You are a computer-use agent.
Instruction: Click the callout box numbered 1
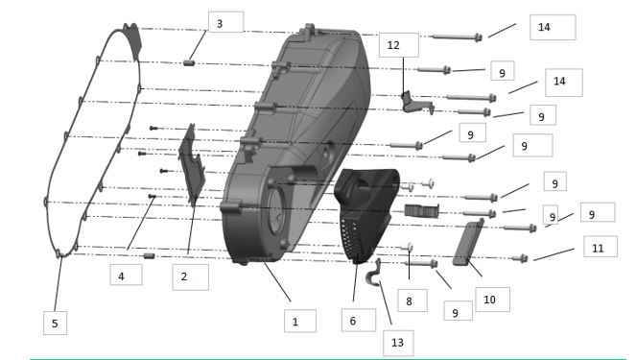point(300,321)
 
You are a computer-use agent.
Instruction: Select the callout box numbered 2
point(190,277)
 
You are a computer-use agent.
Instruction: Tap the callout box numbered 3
point(226,22)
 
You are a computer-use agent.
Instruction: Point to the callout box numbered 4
point(127,275)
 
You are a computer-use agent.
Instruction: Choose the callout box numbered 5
point(56,324)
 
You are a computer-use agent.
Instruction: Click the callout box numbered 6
point(359,321)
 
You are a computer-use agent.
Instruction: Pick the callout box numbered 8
point(412,300)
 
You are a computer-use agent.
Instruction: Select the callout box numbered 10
point(492,300)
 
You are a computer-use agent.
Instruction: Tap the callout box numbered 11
point(601,247)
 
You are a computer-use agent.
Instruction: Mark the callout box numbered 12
point(399,45)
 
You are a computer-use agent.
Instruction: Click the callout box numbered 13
point(398,343)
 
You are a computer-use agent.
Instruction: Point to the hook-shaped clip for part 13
point(373,274)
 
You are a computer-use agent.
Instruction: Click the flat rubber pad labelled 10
point(468,242)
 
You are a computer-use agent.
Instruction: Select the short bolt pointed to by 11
point(520,258)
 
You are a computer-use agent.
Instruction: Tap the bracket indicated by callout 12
point(416,103)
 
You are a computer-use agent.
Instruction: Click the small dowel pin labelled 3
point(189,63)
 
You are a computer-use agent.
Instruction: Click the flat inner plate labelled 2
point(192,165)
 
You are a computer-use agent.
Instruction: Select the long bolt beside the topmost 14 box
point(458,37)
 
